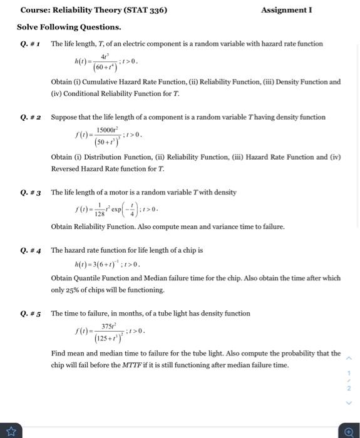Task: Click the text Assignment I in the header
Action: coord(286,10)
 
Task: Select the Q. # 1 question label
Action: coord(30,44)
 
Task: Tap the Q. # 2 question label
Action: coord(30,118)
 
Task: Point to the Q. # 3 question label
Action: coord(30,193)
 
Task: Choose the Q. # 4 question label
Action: coord(30,251)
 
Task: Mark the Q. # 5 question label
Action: coord(30,314)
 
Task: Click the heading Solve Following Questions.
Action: coord(69,28)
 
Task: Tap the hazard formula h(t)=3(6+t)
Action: coord(106,264)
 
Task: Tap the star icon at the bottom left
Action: coord(11,430)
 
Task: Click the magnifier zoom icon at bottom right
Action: coord(349,431)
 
